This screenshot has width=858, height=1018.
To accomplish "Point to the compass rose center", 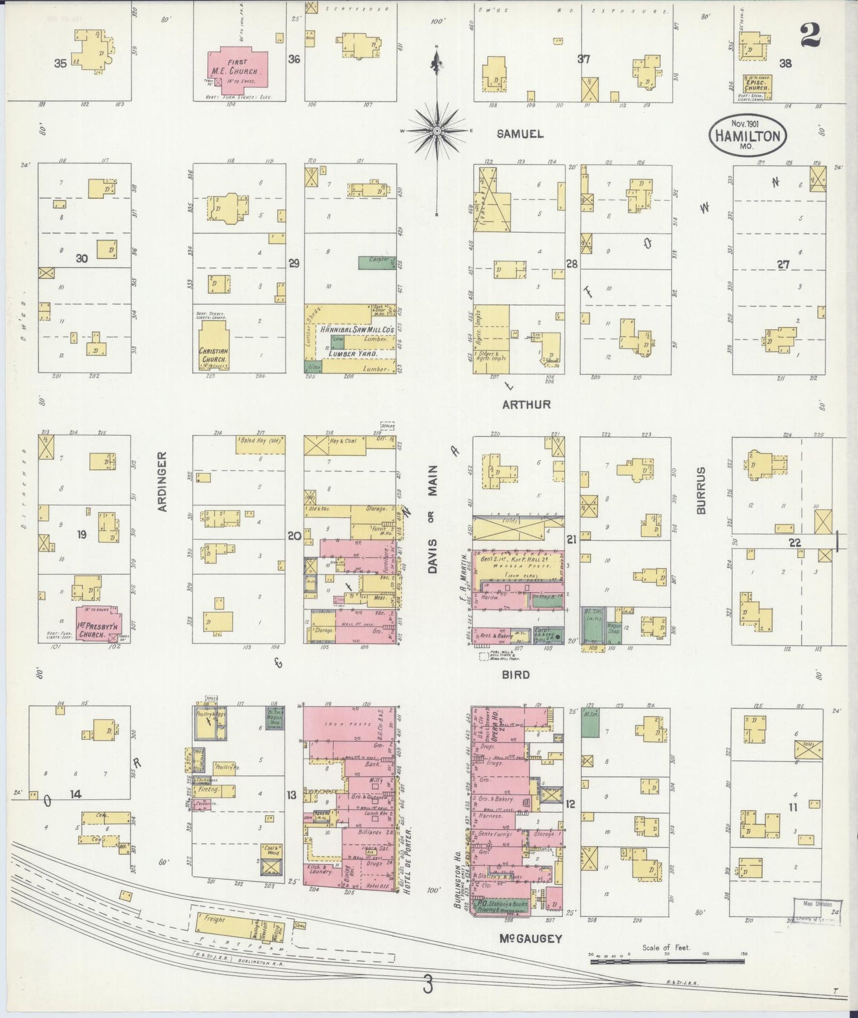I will pos(437,131).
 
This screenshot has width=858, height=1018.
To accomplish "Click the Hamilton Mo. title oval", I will pos(748,134).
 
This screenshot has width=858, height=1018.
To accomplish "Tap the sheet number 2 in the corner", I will pos(810,35).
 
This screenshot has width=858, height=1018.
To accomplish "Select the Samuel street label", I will pos(520,134).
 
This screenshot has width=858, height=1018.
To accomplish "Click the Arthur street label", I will pos(526,404).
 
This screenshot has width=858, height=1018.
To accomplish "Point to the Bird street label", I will pos(515,675).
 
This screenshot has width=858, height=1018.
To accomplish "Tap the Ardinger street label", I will pos(163,481).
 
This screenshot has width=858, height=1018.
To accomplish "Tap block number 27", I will pos(784,265).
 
